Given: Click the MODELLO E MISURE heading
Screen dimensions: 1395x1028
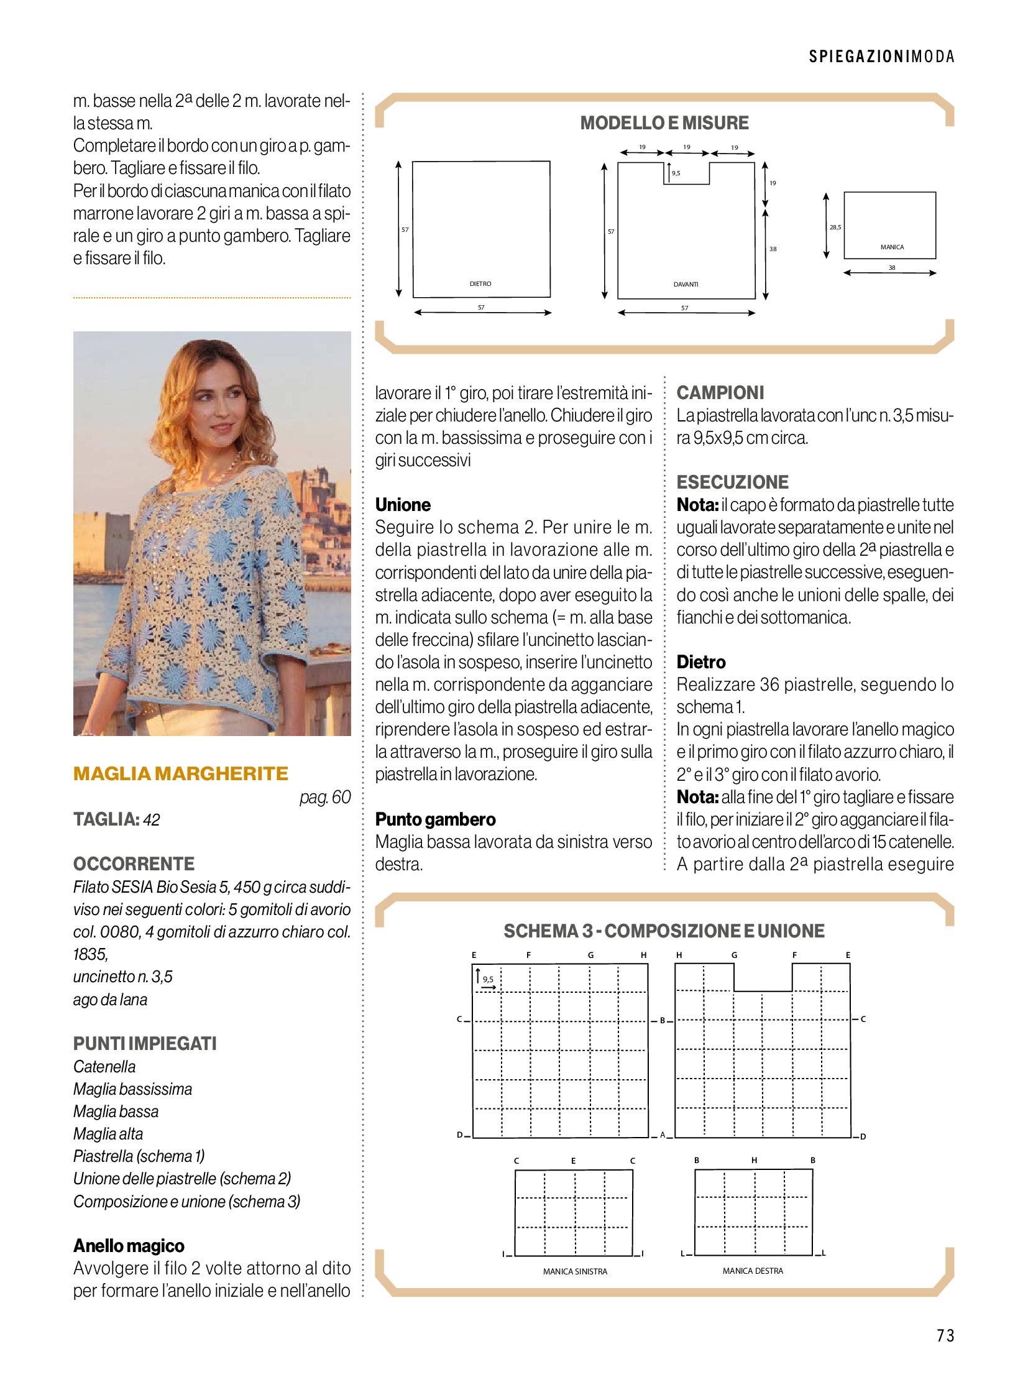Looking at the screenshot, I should pyautogui.click(x=664, y=123).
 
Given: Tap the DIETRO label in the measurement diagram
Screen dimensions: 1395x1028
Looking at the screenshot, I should pyautogui.click(x=480, y=284).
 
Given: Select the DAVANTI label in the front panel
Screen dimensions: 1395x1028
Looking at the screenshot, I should pyautogui.click(x=685, y=285).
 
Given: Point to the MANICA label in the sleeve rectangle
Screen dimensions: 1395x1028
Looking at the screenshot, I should pyautogui.click(x=892, y=247).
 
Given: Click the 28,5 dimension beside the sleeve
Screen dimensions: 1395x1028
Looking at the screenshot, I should pyautogui.click(x=835, y=227).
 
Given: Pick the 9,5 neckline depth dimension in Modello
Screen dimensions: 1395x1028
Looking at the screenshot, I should pyautogui.click(x=676, y=173).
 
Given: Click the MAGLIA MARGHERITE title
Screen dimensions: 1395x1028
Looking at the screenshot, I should pyautogui.click(x=180, y=773).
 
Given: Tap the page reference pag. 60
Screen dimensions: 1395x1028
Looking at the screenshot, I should pyautogui.click(x=325, y=797).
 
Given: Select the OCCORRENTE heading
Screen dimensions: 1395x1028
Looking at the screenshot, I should pyautogui.click(x=134, y=863).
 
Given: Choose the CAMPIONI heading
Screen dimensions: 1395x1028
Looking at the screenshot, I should pyautogui.click(x=720, y=393).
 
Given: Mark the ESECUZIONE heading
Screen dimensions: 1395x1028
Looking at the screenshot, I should pyautogui.click(x=732, y=482).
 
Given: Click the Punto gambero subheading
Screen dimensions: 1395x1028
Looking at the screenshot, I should pyautogui.click(x=435, y=819).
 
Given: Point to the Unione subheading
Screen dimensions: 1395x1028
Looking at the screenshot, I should pyautogui.click(x=403, y=504).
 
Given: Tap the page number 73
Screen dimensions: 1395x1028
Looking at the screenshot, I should pyautogui.click(x=945, y=1335).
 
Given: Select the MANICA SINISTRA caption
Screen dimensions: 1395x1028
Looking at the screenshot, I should pyautogui.click(x=574, y=1271).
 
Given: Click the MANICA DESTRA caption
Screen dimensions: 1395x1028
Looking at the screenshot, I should pyautogui.click(x=752, y=1271).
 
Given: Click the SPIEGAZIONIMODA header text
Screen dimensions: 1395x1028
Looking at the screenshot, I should pyautogui.click(x=881, y=57).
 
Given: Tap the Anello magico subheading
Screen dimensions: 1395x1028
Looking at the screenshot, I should pyautogui.click(x=129, y=1246).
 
